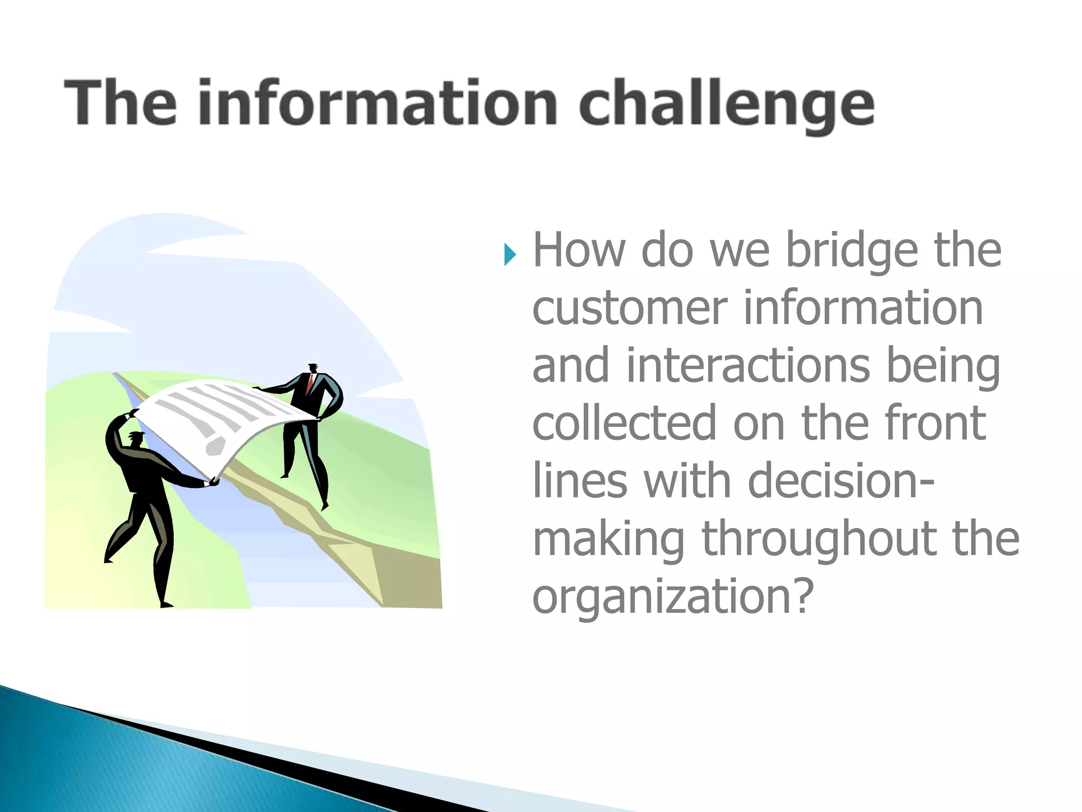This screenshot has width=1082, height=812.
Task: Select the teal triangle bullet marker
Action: (509, 255)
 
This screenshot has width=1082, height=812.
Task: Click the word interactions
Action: (748, 366)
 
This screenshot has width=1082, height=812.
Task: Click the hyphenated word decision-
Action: (841, 481)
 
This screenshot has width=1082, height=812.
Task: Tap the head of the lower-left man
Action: (137, 439)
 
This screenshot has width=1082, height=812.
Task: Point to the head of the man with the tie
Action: (313, 368)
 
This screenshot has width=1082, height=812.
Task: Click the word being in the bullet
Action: (943, 366)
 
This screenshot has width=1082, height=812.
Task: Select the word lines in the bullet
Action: (579, 481)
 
